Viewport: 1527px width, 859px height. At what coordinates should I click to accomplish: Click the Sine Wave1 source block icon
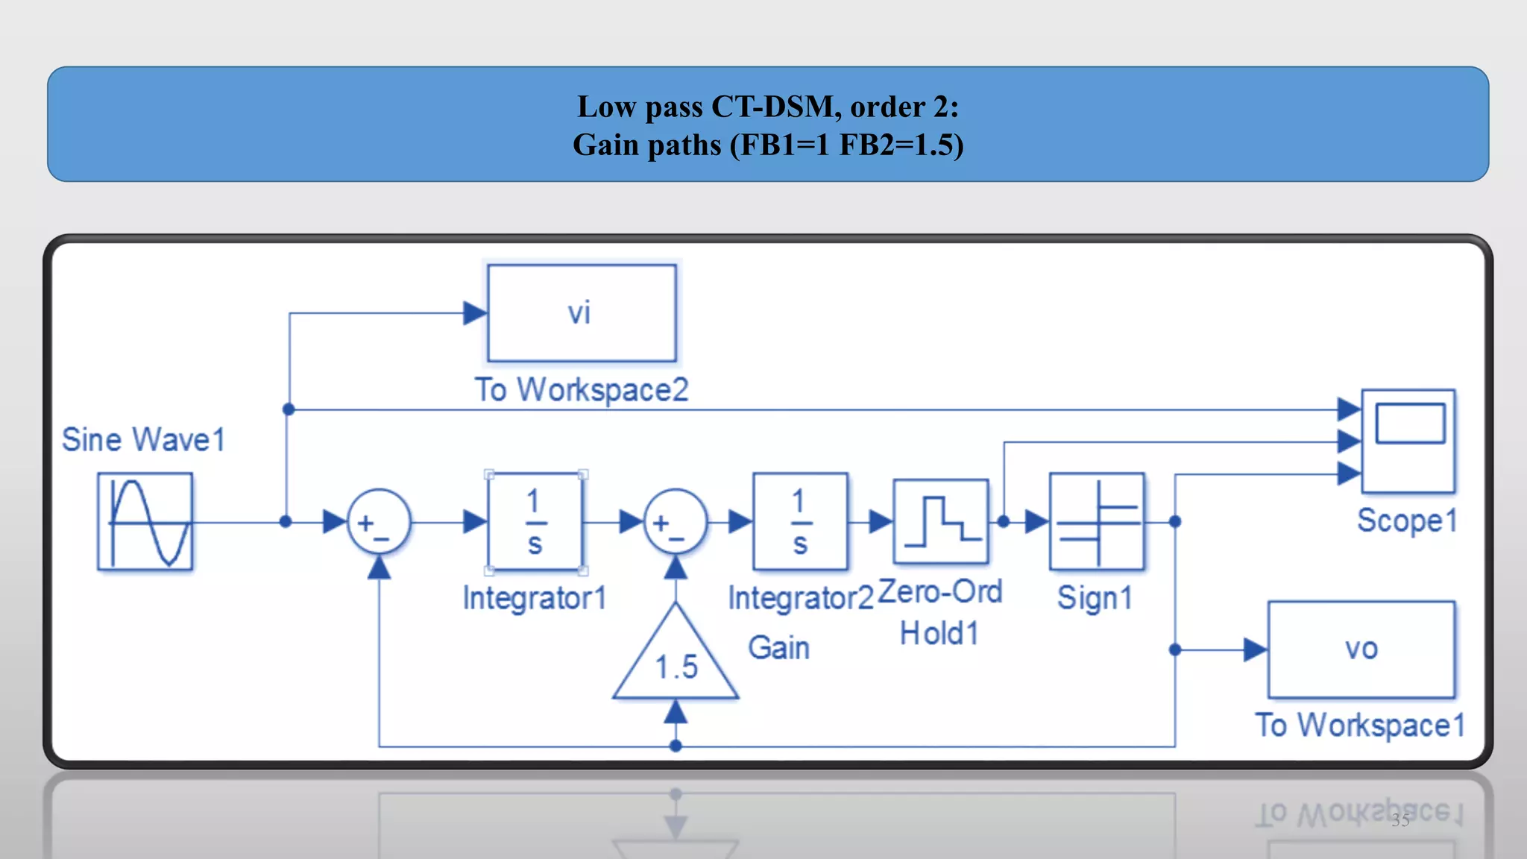click(x=145, y=522)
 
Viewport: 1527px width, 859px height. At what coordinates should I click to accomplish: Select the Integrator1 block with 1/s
click(x=535, y=522)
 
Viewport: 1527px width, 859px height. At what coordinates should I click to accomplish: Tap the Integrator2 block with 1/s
click(x=800, y=522)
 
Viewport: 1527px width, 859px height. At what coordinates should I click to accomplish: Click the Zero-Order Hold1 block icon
click(x=941, y=522)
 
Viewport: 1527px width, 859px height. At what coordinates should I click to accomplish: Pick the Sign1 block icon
click(x=1097, y=522)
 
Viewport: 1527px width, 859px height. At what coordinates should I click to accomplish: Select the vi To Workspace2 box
click(x=582, y=313)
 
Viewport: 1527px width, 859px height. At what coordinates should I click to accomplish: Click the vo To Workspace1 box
click(x=1361, y=649)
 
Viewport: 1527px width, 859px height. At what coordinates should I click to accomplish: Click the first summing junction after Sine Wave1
click(x=379, y=522)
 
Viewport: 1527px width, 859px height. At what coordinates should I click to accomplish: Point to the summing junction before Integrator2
click(x=675, y=522)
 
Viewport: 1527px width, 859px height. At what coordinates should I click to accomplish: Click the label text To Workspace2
click(x=582, y=390)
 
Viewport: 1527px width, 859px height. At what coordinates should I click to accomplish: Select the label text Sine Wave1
click(x=143, y=439)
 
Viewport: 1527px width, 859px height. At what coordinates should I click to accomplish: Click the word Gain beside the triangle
click(x=778, y=647)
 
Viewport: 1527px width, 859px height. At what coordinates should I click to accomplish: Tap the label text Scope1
click(x=1406, y=520)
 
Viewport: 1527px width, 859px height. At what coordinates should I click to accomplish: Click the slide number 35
click(x=1400, y=820)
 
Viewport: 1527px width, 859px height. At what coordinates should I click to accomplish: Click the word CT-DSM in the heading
click(x=772, y=107)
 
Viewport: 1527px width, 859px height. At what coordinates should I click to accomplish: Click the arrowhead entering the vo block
click(x=1255, y=649)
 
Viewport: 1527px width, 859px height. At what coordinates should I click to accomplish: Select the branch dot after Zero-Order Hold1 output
click(x=1004, y=522)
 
